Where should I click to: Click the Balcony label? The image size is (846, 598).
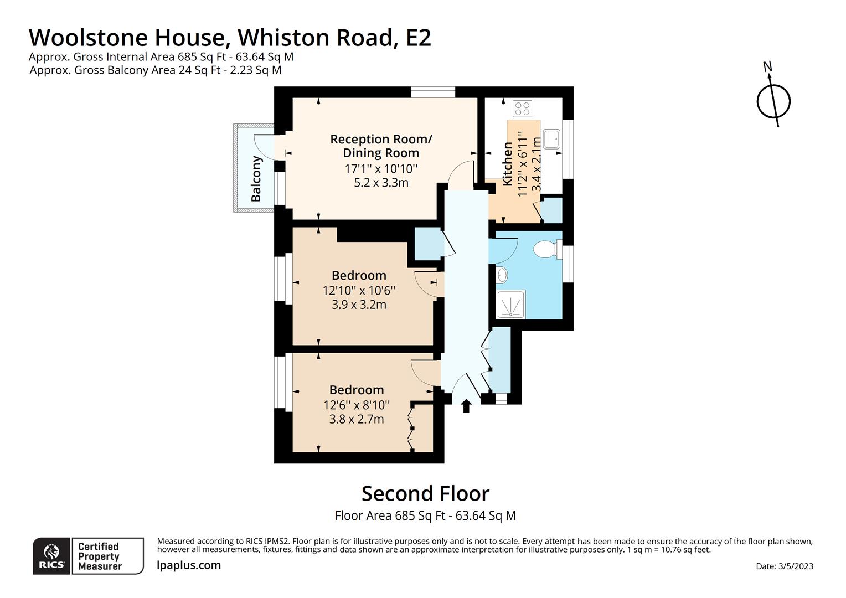coord(256,179)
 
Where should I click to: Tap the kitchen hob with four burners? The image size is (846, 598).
coord(522,108)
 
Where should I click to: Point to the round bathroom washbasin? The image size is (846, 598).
coord(501,274)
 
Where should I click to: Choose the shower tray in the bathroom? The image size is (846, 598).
coord(510,304)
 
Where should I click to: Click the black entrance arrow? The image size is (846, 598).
coord(466,406)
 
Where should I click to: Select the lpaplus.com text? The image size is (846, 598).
coord(189,565)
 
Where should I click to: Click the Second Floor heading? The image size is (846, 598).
coord(425,493)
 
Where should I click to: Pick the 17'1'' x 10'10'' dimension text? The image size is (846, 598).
coord(381,168)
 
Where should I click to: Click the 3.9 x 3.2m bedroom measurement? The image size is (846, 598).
coord(359,305)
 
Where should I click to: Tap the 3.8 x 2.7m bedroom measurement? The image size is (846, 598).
coord(357,419)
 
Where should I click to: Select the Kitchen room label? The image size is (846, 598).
coord(508,164)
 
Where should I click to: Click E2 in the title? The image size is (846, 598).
coord(418,38)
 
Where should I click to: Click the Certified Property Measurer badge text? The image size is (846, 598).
coord(100,556)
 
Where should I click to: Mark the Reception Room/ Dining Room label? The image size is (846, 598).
coord(381,146)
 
